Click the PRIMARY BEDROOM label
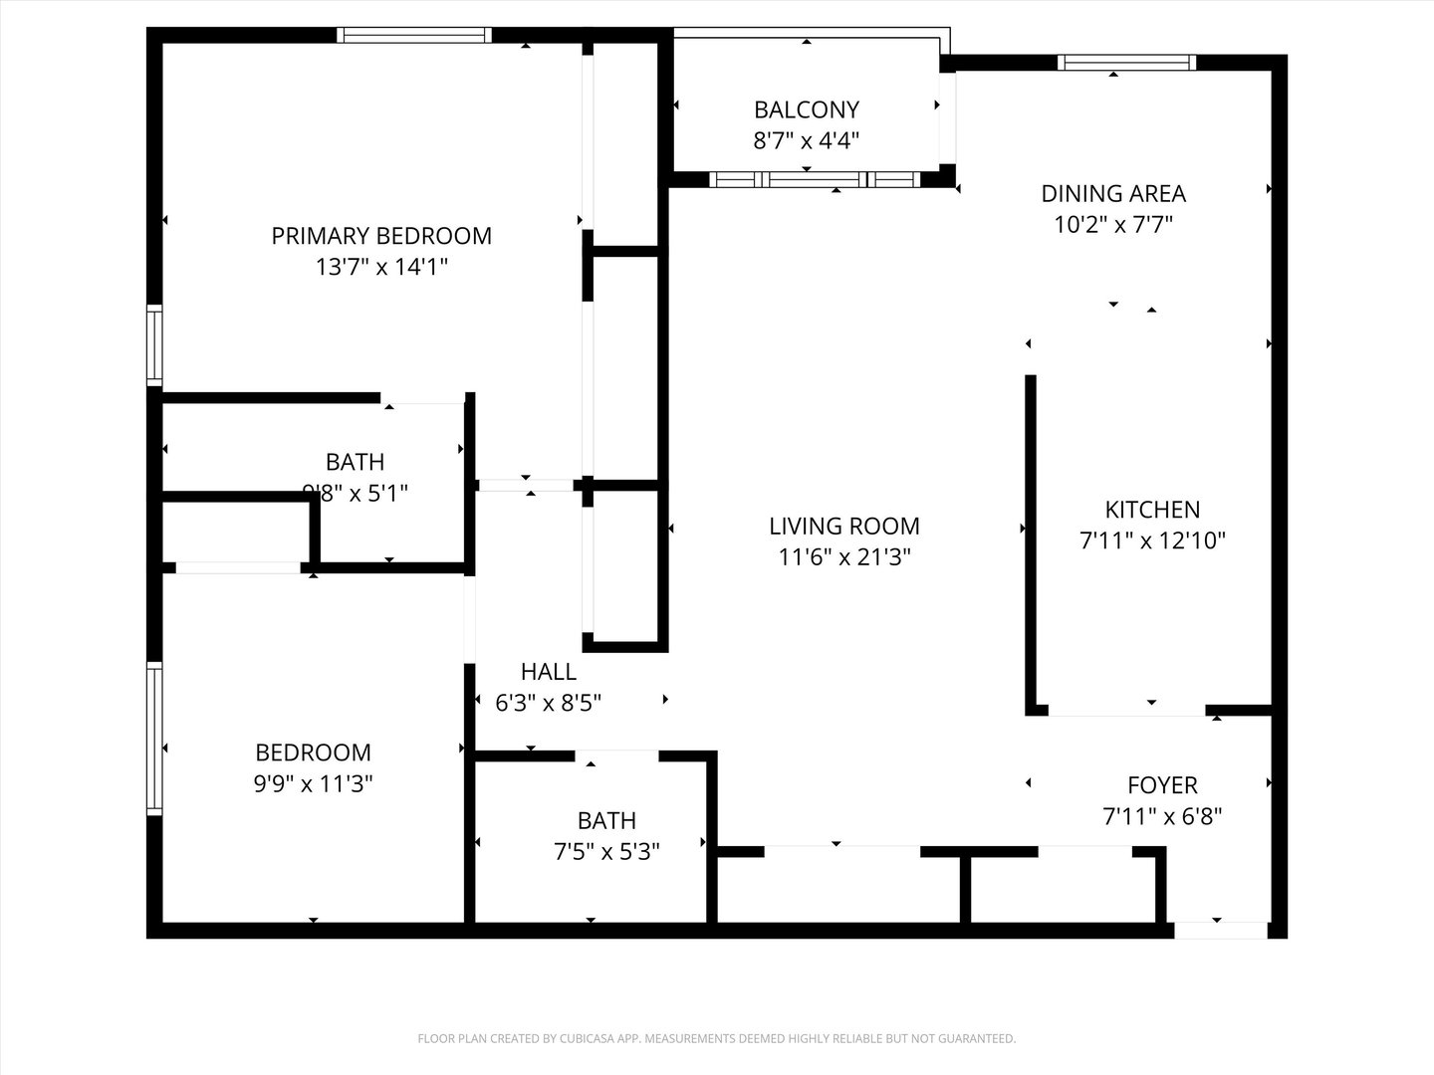pyautogui.click(x=381, y=236)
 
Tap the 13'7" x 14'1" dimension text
pyautogui.click(x=381, y=267)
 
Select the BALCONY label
pyautogui.click(x=806, y=109)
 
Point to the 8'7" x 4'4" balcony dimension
pyautogui.click(x=806, y=140)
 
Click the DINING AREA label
pyautogui.click(x=1113, y=193)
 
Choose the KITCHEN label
pyautogui.click(x=1152, y=510)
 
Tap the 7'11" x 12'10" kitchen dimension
pyautogui.click(x=1152, y=540)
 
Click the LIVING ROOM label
pyautogui.click(x=844, y=526)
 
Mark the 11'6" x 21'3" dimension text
pyautogui.click(x=844, y=556)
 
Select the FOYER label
pyautogui.click(x=1162, y=785)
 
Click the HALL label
pyautogui.click(x=548, y=672)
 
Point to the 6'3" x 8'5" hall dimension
pyautogui.click(x=548, y=703)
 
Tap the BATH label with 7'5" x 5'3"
pyautogui.click(x=606, y=821)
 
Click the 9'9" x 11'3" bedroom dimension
pyautogui.click(x=313, y=783)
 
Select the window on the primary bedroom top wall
pyautogui.click(x=414, y=35)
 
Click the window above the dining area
pyautogui.click(x=1126, y=63)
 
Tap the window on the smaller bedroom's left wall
pyautogui.click(x=154, y=739)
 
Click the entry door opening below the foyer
pyautogui.click(x=1220, y=931)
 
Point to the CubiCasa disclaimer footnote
pyautogui.click(x=716, y=1038)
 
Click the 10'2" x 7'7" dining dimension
pyautogui.click(x=1113, y=224)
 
